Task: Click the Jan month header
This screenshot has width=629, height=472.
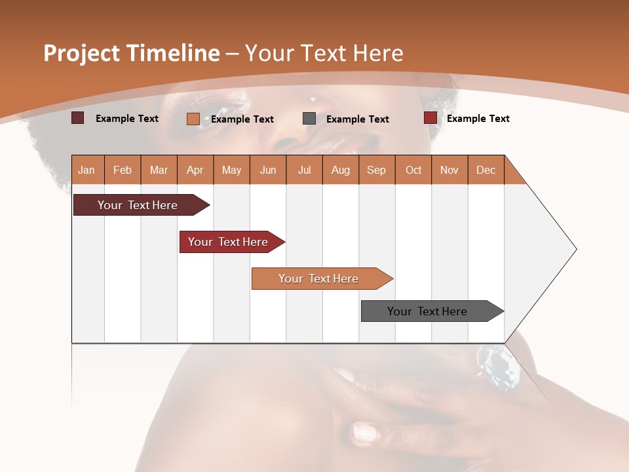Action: pyautogui.click(x=86, y=170)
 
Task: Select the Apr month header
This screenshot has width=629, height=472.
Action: pyautogui.click(x=195, y=170)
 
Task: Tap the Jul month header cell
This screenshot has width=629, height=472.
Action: pyautogui.click(x=304, y=170)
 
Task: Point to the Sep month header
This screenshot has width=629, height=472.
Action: pyautogui.click(x=376, y=170)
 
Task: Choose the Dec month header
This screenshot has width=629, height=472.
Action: pyautogui.click(x=486, y=170)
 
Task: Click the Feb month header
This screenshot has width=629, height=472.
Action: pyautogui.click(x=123, y=170)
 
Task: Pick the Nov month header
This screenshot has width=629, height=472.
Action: pyautogui.click(x=449, y=170)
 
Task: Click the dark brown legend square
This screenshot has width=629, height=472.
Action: pyautogui.click(x=77, y=118)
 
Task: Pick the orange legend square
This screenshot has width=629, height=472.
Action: pyautogui.click(x=193, y=119)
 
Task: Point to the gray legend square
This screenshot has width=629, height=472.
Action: pyautogui.click(x=309, y=119)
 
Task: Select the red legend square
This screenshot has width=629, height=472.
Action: pyautogui.click(x=430, y=118)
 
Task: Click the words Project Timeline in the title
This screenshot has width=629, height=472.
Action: pyautogui.click(x=131, y=53)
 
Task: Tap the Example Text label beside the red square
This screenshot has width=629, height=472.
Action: pyautogui.click(x=478, y=119)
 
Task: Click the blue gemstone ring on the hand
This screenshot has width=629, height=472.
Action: pyautogui.click(x=499, y=367)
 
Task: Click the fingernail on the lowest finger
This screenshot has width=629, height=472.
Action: pyautogui.click(x=364, y=433)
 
